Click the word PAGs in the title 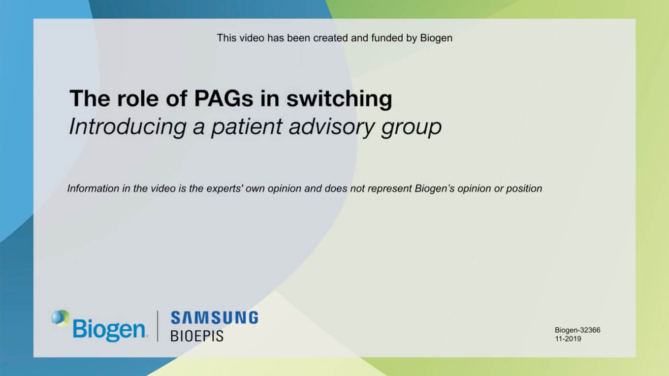point(223,98)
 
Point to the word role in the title point(137,98)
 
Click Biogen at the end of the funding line point(436,38)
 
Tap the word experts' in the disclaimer point(224,189)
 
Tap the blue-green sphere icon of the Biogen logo point(61,318)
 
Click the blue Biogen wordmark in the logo point(109,330)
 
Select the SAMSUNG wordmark point(215,317)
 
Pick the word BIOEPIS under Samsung point(197,336)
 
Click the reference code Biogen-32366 point(577,330)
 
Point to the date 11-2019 point(568,339)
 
